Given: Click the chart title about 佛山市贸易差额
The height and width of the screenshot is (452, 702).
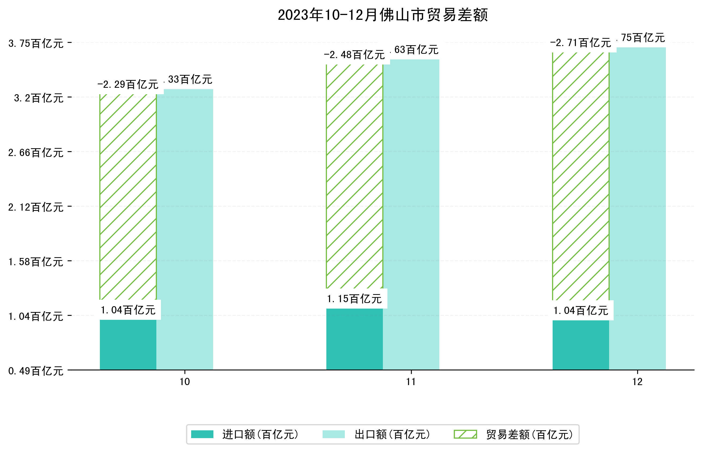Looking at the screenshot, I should click(x=383, y=15).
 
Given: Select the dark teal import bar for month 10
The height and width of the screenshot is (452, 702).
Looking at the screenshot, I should click(x=128, y=345).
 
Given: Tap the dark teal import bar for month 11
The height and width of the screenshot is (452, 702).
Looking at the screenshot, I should click(x=354, y=339).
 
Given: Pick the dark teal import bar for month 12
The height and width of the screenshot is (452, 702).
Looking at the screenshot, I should click(x=580, y=345).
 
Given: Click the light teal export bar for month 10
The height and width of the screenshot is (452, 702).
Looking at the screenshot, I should click(x=184, y=229).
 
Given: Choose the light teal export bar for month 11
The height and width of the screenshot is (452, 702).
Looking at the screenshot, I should click(x=411, y=214).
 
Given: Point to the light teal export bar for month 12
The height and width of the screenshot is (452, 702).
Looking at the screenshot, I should click(x=637, y=208).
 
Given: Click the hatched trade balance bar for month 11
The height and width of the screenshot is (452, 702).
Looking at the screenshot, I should click(x=354, y=176).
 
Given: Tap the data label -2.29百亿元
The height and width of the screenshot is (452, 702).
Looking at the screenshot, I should click(x=128, y=85).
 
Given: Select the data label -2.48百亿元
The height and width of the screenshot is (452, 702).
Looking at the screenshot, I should click(x=354, y=55).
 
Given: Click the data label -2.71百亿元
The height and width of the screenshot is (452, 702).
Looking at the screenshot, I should click(x=580, y=43).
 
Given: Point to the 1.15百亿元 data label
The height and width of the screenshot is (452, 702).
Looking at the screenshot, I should click(x=354, y=299).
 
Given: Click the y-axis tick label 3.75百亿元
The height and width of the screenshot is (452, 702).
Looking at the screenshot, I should click(x=36, y=43).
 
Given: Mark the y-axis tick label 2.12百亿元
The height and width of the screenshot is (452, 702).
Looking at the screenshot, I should click(x=36, y=207).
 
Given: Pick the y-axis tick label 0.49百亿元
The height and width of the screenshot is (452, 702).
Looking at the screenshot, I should click(x=36, y=371).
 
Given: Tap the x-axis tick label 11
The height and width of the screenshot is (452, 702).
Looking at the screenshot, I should click(x=411, y=382).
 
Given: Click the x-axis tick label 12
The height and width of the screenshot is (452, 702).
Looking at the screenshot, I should click(x=637, y=382).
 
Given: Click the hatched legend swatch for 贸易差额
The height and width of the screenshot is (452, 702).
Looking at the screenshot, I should click(x=465, y=434).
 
